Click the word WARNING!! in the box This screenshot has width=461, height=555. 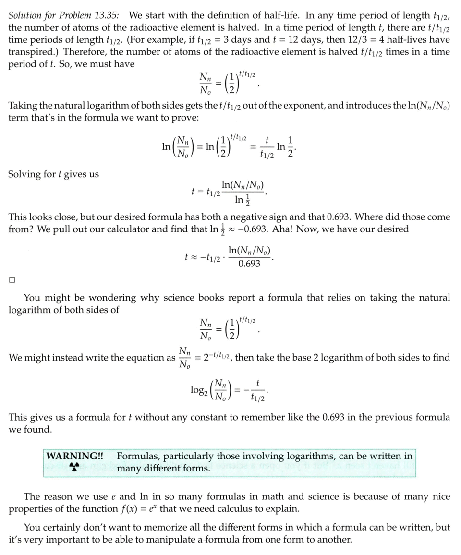click(73, 456)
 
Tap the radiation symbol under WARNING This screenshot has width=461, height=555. click(73, 467)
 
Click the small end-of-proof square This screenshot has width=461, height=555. click(12, 280)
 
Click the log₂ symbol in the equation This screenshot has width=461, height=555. click(199, 389)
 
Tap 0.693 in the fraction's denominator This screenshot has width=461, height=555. click(249, 264)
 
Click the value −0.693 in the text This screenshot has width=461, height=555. click(253, 229)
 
